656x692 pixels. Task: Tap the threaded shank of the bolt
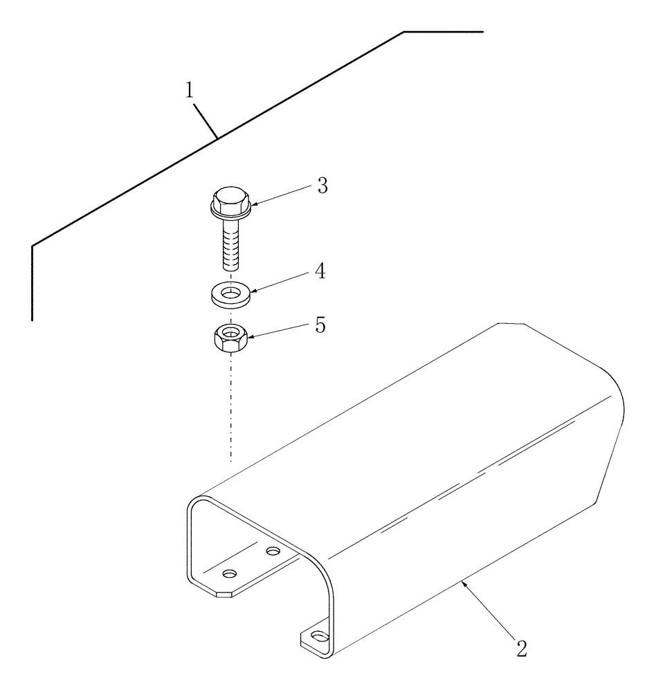(230, 246)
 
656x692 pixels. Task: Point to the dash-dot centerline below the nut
(230, 408)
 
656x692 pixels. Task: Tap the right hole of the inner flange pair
(274, 552)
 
